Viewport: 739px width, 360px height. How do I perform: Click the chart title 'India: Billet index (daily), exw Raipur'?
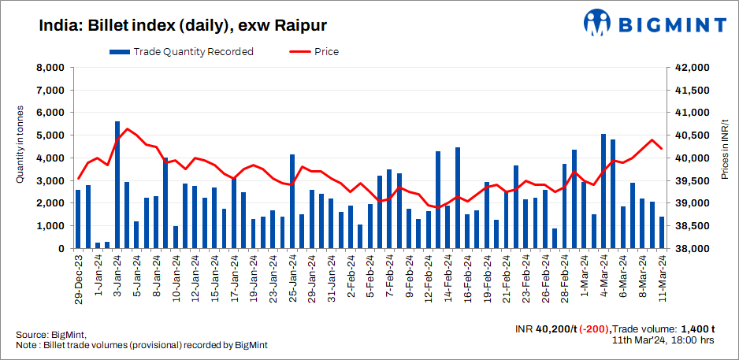click(170, 25)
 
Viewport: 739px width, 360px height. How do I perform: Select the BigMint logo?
click(653, 24)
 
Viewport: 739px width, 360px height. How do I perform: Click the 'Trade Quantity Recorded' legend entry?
click(182, 52)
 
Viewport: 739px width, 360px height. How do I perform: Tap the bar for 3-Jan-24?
click(117, 185)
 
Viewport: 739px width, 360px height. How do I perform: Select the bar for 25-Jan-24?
click(292, 202)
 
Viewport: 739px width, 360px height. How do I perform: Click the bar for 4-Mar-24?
click(603, 191)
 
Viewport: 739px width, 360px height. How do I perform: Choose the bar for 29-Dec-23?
click(78, 219)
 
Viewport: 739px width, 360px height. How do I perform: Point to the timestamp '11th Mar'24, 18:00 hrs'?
click(663, 340)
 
